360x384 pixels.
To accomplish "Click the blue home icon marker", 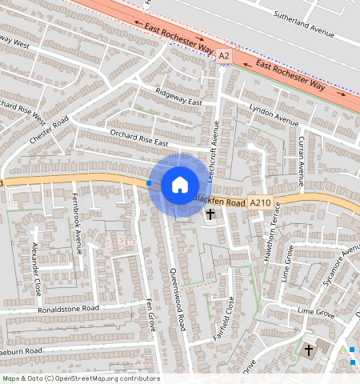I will coord(180,185).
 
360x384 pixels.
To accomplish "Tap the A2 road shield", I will coord(224,55).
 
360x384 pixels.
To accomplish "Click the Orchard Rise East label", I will coord(138,137).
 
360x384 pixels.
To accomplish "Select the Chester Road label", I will coord(50,129).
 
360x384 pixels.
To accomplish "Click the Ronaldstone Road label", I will coord(68,308).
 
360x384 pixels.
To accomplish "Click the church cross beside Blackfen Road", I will coord(211,214).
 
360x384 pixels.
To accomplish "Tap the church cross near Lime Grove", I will coord(309,350).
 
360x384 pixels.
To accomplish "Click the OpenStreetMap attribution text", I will coord(80,378).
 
